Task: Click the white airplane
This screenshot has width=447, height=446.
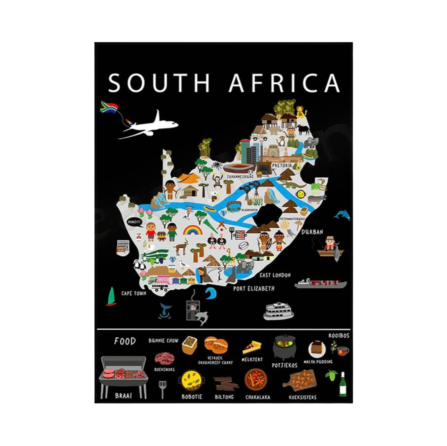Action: tap(149, 125)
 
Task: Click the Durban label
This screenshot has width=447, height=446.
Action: tap(312, 232)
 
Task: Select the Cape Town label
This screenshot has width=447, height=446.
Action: tap(134, 293)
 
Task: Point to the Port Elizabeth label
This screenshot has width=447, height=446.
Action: tap(253, 289)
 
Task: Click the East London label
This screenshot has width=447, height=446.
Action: tap(275, 275)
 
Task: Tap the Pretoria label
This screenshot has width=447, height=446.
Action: tap(282, 165)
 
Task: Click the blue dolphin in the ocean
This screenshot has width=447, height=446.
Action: tap(342, 215)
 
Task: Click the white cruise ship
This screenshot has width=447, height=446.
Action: tap(278, 311)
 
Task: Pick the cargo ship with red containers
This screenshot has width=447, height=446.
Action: tap(321, 283)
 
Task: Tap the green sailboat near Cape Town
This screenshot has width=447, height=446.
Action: tap(111, 297)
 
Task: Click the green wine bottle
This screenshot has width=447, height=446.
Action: tap(343, 385)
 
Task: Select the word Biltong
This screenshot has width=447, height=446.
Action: tap(224, 397)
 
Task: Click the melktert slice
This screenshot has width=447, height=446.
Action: tap(251, 347)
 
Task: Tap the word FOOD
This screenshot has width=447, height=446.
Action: tap(125, 341)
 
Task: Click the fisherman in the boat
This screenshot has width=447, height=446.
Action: tap(329, 243)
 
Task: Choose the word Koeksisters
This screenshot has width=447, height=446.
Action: tap(303, 397)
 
